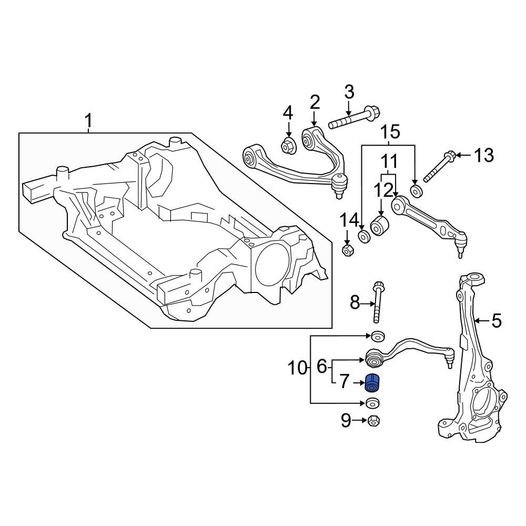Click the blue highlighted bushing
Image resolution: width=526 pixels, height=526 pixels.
coord(372,382)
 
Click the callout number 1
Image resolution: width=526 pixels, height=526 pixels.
coord(88,122)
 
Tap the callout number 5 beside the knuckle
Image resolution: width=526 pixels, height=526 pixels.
coord(497,320)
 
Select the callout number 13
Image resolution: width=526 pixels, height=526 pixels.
coord(484,155)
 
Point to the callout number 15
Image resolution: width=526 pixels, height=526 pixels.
coord(390,131)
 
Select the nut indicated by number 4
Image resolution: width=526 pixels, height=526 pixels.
coord(288,146)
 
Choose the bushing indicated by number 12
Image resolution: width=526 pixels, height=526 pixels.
coord(379,225)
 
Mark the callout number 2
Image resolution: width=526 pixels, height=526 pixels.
coord(315,102)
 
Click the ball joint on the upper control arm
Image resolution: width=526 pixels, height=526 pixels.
coord(339,184)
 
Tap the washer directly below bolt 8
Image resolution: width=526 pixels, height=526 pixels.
coord(377,336)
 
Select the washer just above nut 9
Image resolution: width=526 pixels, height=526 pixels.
coord(373,403)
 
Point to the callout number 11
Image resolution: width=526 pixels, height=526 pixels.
coord(389,161)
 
